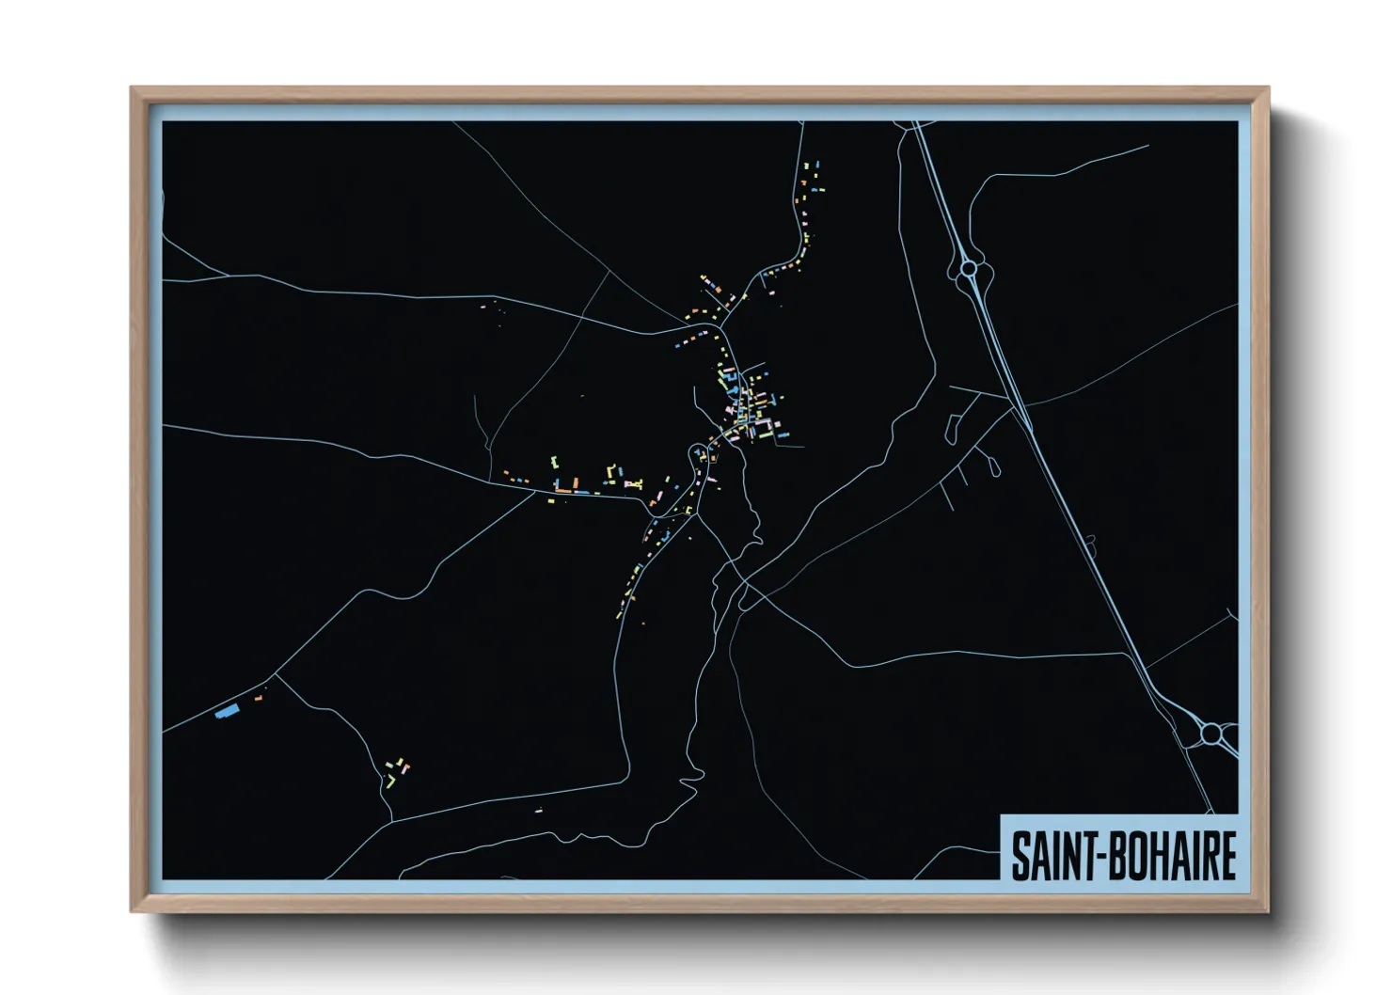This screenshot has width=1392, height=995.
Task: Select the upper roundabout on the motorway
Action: point(969,269)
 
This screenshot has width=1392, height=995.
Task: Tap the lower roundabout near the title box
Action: point(1212,732)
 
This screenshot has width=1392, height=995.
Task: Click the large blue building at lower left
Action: point(225,712)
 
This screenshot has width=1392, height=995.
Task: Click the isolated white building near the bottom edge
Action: point(539,810)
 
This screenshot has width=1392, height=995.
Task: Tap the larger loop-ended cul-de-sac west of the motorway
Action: point(952,429)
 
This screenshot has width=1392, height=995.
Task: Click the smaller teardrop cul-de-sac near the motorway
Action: point(993,465)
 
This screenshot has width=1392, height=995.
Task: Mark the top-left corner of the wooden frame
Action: point(132,88)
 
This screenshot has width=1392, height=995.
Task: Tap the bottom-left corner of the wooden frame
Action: point(132,910)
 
